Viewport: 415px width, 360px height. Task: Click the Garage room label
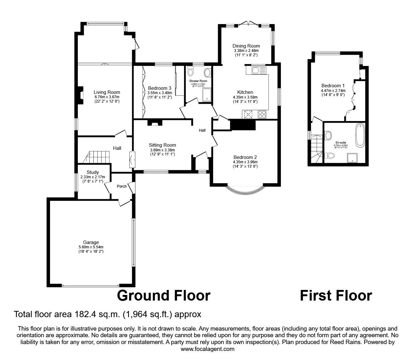point(91,242)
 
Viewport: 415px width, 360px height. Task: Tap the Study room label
point(93,172)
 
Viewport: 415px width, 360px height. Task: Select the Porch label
point(122,186)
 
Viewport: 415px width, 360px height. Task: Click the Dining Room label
point(246,46)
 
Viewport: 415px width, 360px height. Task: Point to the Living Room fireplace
point(80,95)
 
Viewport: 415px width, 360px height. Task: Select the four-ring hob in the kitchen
point(262,115)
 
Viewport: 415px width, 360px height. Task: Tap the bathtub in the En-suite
point(360,135)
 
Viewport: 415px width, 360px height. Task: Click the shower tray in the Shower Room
point(206,95)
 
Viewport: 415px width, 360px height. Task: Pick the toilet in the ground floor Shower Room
point(191,72)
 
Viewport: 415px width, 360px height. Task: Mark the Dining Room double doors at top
point(249,23)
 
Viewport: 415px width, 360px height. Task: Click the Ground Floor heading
point(164,296)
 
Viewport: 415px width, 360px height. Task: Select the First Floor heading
point(336,296)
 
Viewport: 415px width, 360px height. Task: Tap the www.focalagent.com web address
point(207,349)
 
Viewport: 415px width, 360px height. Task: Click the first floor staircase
point(317,149)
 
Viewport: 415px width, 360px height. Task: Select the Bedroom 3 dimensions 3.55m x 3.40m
point(160,93)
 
